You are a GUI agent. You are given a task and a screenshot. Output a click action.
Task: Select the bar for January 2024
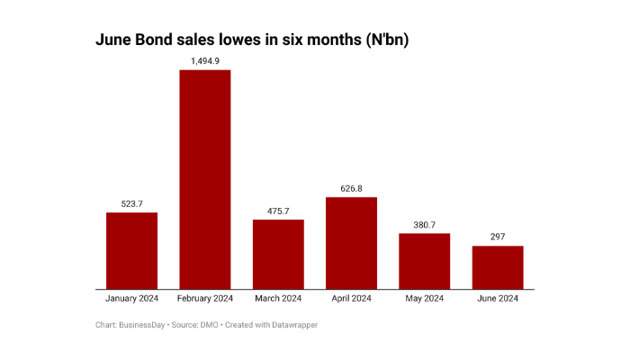click(131, 251)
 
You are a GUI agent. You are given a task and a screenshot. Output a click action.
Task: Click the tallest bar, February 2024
click(205, 179)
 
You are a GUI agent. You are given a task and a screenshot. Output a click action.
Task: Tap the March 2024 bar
click(278, 255)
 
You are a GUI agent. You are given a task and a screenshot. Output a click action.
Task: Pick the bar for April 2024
click(351, 243)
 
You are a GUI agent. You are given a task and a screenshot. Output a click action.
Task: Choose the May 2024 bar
click(425, 261)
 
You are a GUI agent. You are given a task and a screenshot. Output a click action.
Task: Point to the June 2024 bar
click(498, 267)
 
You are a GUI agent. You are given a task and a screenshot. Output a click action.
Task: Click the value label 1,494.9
click(205, 60)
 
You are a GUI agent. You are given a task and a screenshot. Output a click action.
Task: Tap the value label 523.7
click(131, 203)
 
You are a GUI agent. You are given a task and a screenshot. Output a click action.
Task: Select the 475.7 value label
click(278, 211)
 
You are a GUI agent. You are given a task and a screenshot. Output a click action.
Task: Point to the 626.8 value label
click(351, 188)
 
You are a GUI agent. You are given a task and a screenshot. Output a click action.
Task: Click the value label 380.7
click(425, 224)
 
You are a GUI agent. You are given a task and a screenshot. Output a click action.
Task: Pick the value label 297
click(498, 237)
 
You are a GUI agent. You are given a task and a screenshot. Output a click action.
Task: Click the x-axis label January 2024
click(131, 299)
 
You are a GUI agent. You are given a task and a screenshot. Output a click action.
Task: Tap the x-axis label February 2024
click(205, 299)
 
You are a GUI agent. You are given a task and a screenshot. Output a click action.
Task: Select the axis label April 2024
click(351, 299)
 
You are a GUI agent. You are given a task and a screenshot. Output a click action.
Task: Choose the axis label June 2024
click(498, 299)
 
